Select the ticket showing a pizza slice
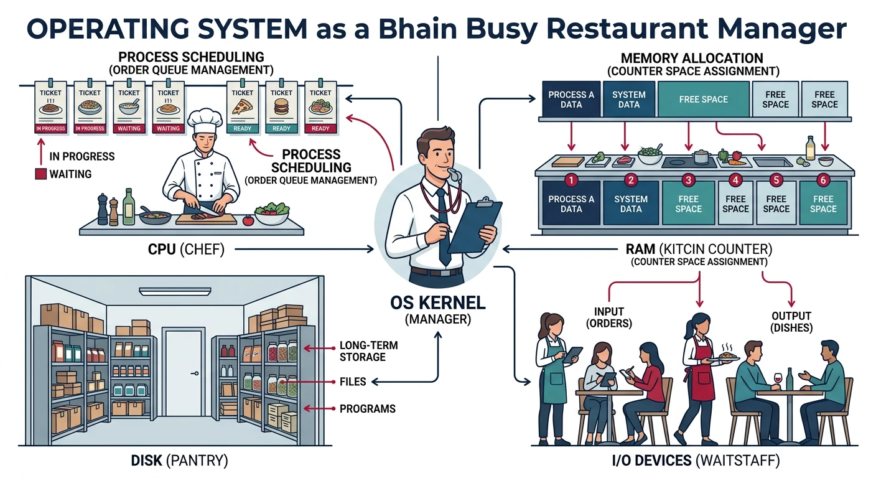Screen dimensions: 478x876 coord(242,107)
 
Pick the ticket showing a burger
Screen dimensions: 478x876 coord(281,107)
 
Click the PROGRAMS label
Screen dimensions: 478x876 coord(367,409)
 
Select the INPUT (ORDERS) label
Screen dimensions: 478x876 coord(608,317)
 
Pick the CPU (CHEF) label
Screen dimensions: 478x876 coord(185,250)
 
